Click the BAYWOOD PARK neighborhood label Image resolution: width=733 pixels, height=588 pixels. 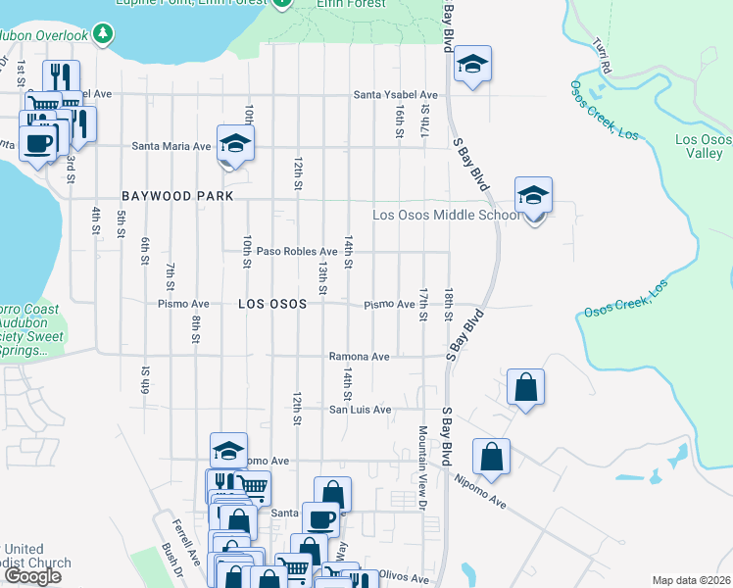[177, 196]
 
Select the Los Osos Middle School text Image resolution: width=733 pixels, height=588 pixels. [446, 216]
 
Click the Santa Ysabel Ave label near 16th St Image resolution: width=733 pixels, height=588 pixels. [396, 95]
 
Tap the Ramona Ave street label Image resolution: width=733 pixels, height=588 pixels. [359, 357]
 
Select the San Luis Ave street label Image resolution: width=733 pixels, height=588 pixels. [360, 410]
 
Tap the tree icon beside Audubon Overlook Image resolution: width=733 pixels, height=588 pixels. [102, 34]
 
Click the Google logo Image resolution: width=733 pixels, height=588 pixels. [32, 576]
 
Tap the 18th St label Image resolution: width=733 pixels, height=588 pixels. [448, 304]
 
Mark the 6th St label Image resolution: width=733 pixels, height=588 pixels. [144, 252]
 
